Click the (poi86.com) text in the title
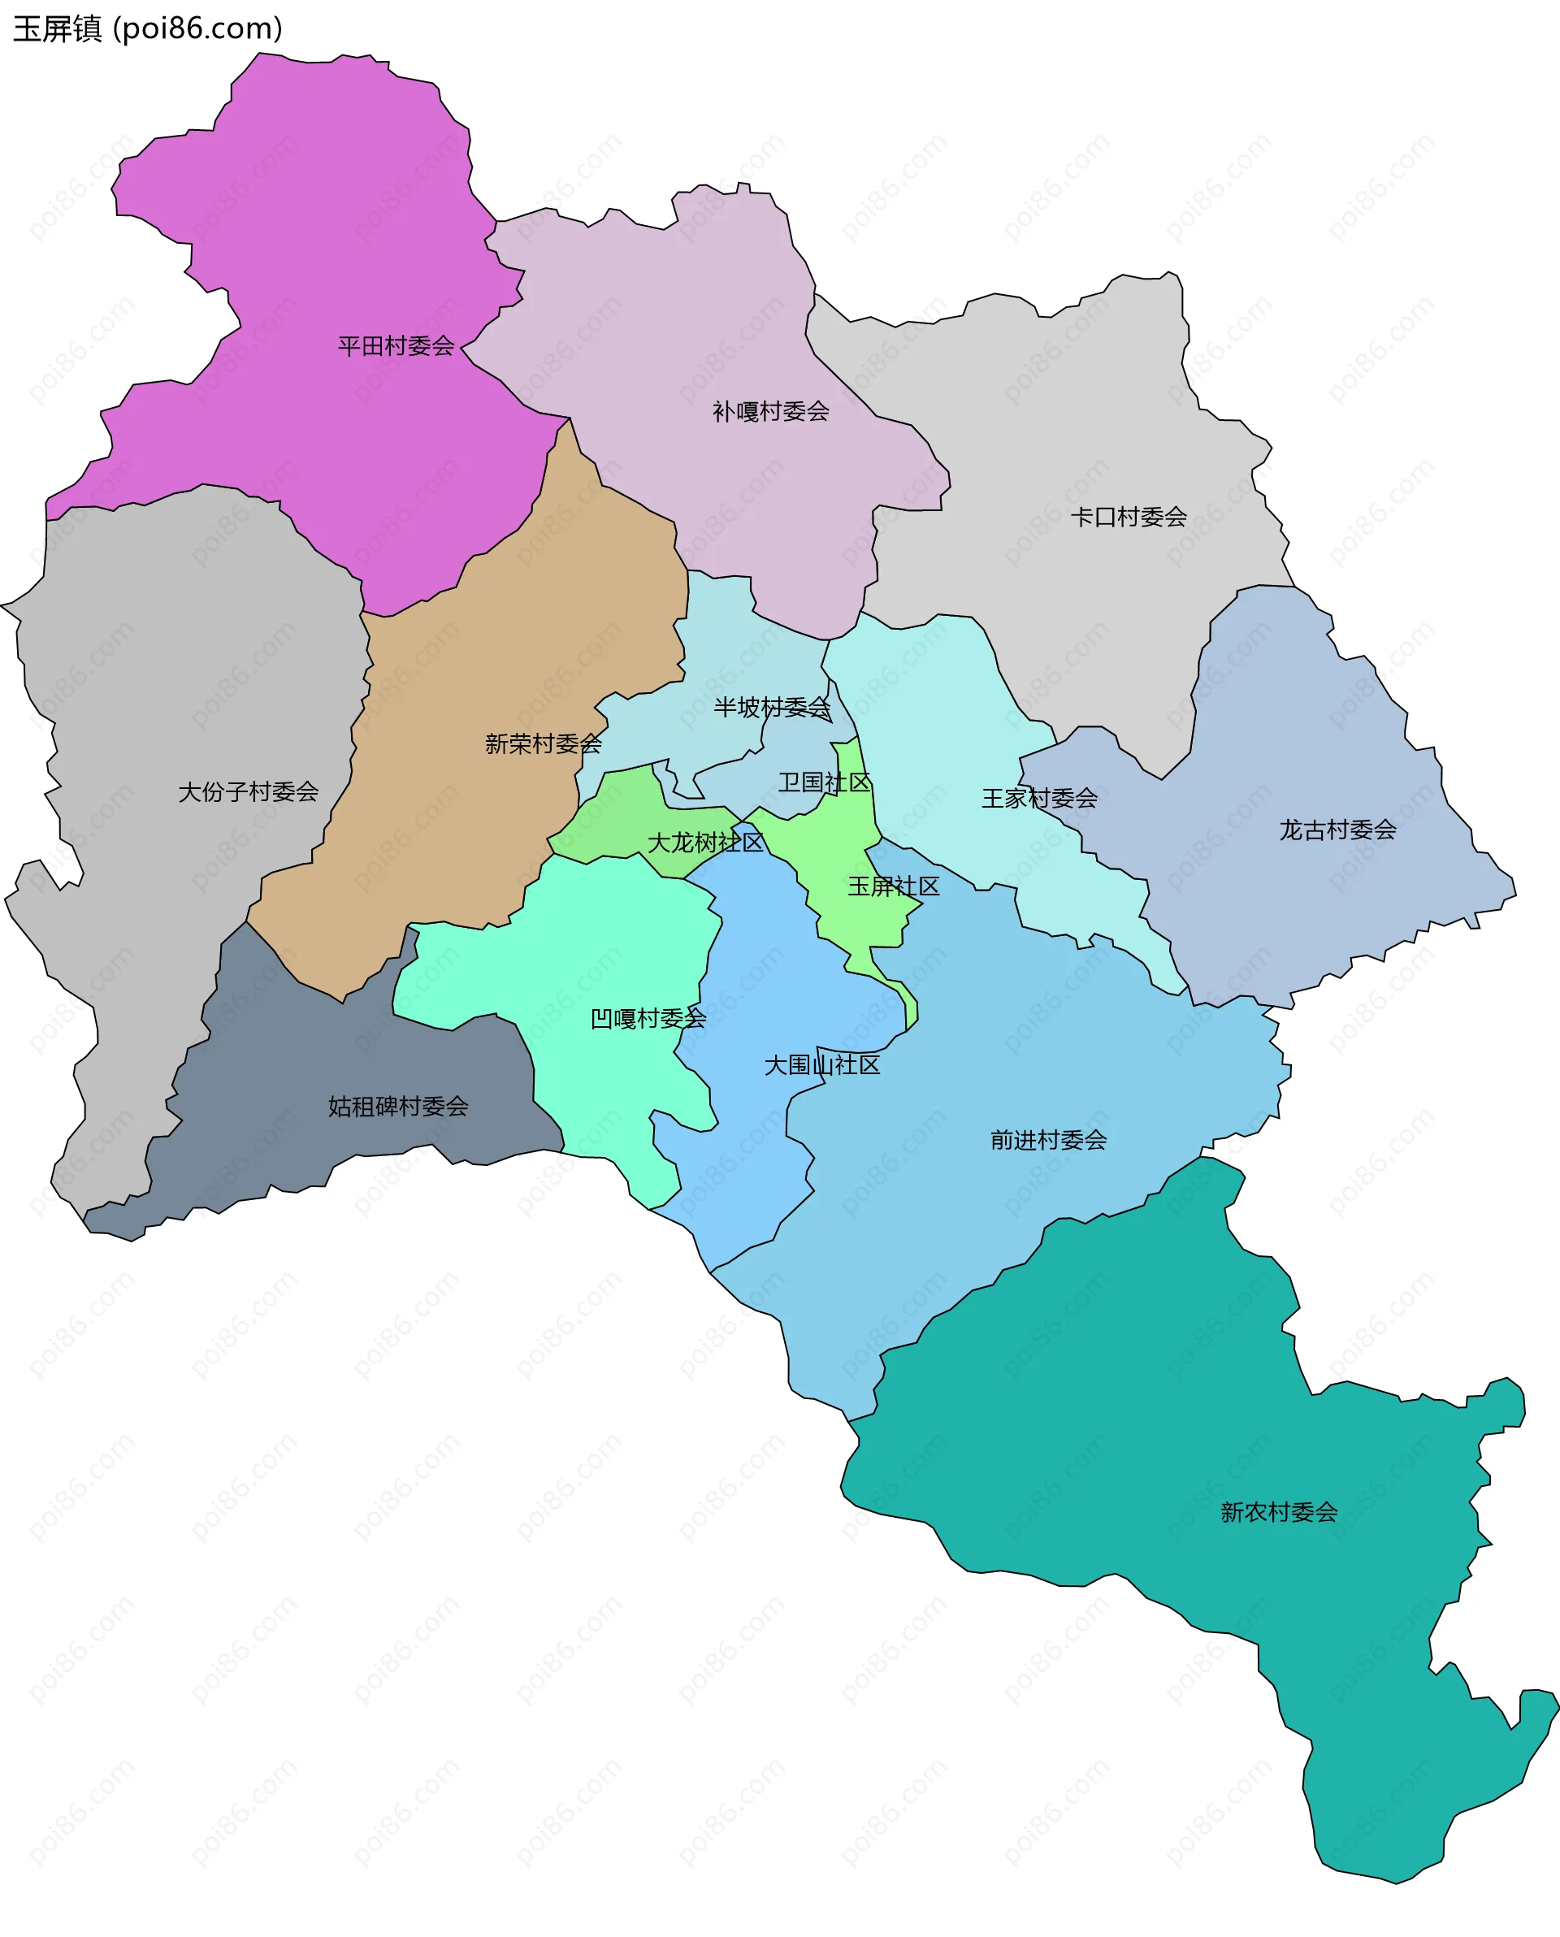point(197,28)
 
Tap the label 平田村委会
point(396,346)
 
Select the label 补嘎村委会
point(770,411)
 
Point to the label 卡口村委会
point(1128,517)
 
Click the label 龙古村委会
point(1337,830)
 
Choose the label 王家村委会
point(1039,798)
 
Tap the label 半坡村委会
point(771,707)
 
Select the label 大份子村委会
point(248,791)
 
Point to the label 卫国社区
point(824,782)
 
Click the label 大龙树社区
point(705,842)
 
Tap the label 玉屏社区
point(893,886)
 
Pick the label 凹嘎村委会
point(648,1018)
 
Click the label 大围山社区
point(821,1064)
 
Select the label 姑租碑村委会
point(398,1106)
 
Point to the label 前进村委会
point(1048,1140)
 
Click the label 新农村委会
point(1278,1512)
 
